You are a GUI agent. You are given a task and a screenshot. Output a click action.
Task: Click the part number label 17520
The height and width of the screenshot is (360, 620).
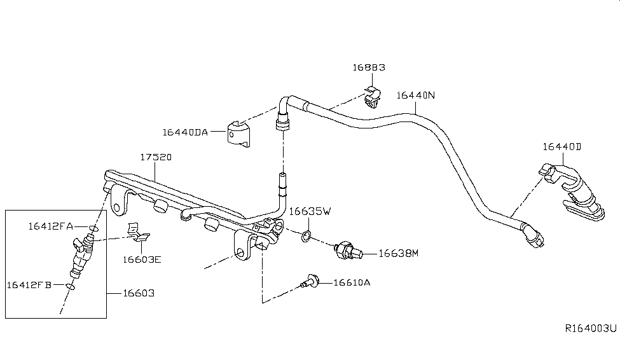[156, 156]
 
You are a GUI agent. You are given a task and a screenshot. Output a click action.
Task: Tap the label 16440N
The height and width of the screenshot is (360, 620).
[416, 96]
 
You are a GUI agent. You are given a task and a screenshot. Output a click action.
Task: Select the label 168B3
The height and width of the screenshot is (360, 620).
[369, 67]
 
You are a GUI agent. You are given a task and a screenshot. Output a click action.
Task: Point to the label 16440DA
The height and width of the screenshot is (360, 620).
[185, 132]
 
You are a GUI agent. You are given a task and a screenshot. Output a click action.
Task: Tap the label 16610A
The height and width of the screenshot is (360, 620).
[352, 282]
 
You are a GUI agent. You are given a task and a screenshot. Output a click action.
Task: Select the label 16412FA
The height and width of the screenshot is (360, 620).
[50, 225]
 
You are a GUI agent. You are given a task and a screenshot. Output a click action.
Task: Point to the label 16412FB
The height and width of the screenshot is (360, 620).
[29, 284]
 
